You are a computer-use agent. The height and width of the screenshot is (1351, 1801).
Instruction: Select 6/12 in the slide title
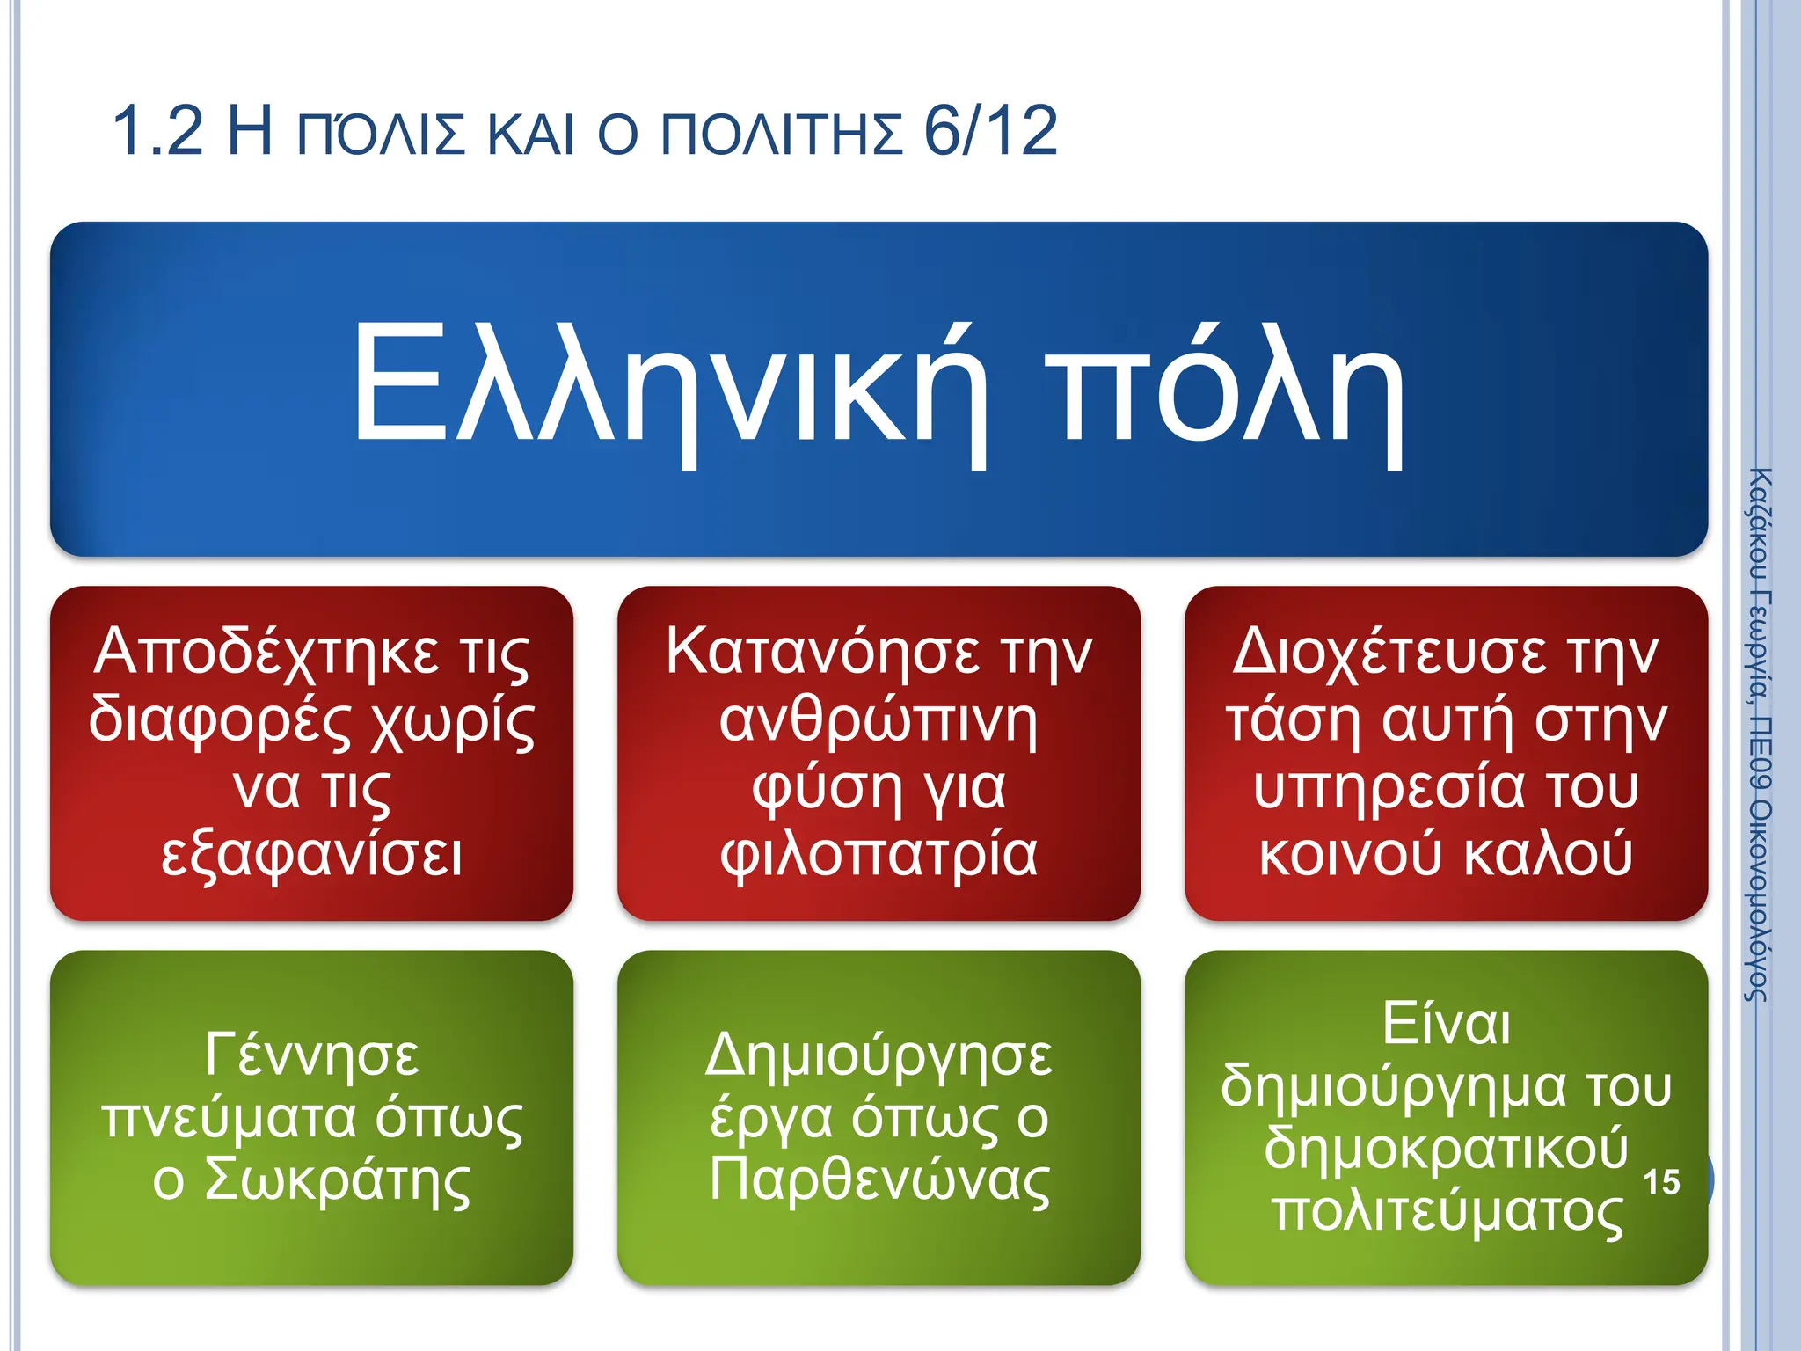pos(991,132)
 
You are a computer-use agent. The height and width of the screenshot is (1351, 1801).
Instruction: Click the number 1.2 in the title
pos(158,132)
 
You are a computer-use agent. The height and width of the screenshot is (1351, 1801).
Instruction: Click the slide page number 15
pos(1661,1182)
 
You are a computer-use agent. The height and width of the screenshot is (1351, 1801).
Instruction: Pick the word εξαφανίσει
pos(311,855)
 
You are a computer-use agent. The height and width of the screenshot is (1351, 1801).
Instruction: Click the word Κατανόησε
pos(822,653)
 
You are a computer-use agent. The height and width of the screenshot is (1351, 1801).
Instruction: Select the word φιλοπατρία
pos(879,855)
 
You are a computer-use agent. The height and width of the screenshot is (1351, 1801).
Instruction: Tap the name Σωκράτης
pos(338,1180)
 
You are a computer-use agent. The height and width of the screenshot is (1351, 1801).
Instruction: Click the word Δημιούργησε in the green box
pos(879,1055)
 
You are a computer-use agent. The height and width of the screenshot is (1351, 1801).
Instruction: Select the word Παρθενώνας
pos(879,1180)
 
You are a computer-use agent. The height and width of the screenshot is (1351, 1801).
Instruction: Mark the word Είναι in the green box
pos(1446,1024)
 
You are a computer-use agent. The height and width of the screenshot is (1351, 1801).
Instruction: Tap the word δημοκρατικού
pos(1446,1149)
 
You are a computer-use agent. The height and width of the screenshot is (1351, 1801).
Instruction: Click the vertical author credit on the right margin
pos(1758,734)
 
